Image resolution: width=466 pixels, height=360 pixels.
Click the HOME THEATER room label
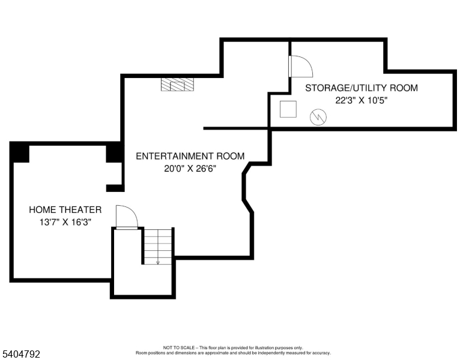65,210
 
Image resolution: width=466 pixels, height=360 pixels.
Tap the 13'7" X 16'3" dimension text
65,222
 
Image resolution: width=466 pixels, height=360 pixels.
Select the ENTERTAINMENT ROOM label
190,157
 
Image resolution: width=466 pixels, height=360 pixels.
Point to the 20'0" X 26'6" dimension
190,169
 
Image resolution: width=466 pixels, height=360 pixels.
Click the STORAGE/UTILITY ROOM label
362,88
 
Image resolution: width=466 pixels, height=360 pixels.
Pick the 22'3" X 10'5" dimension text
362,101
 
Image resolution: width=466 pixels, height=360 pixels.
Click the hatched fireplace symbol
178,85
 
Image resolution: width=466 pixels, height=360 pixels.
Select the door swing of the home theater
127,217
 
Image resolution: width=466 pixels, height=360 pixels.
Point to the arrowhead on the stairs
158,262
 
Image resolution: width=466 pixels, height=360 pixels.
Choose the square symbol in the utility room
288,109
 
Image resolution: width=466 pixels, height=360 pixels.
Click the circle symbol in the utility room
317,118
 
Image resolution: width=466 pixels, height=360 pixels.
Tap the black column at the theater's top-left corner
20,152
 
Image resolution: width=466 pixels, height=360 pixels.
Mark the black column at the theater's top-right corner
114,153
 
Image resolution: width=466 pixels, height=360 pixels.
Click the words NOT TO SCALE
177,348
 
